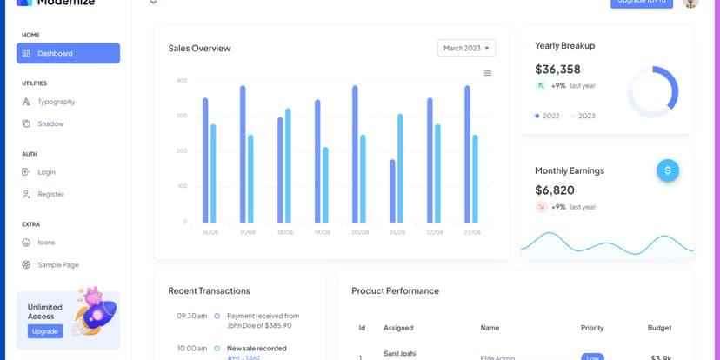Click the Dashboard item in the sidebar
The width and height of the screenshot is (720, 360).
pyautogui.click(x=67, y=53)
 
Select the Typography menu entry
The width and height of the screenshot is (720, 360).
pyautogui.click(x=56, y=102)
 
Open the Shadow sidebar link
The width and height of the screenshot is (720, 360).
pyautogui.click(x=50, y=123)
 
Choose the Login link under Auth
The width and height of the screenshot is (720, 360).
pyautogui.click(x=46, y=172)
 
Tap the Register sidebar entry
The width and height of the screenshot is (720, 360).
pyautogui.click(x=50, y=194)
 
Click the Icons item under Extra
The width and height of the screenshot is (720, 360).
pyautogui.click(x=46, y=243)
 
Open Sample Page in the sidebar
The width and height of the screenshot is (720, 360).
pyautogui.click(x=57, y=264)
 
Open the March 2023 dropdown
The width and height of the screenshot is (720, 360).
pyautogui.click(x=466, y=48)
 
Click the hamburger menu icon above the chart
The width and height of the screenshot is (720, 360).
pyautogui.click(x=488, y=73)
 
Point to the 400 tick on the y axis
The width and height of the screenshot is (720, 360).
pyautogui.click(x=181, y=81)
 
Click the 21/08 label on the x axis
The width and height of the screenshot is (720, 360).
pyautogui.click(x=397, y=232)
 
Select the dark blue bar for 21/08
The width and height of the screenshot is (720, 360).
pyautogui.click(x=392, y=190)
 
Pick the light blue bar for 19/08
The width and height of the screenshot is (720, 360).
pyautogui.click(x=325, y=184)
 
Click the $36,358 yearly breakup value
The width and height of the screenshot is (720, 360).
pyautogui.click(x=557, y=70)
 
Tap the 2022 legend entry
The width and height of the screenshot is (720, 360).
pyautogui.click(x=548, y=116)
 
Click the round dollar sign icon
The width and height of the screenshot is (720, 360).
pyautogui.click(x=668, y=170)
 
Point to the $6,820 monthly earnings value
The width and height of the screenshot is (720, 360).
pyautogui.click(x=554, y=190)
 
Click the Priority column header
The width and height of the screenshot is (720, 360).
pyautogui.click(x=592, y=328)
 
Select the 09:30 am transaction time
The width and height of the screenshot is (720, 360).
pyautogui.click(x=191, y=316)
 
